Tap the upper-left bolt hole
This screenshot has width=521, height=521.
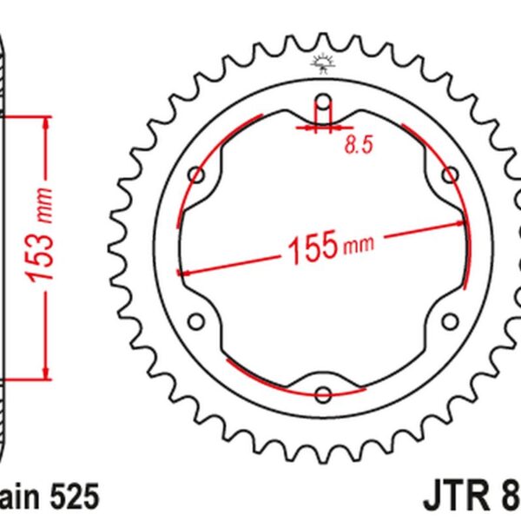pos(197,176)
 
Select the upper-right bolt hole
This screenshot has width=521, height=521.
pos(450,176)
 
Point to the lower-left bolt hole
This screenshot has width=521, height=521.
pos(197,322)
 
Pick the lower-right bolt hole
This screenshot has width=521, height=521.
pos(450,322)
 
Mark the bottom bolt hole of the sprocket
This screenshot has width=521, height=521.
pos(323,395)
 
